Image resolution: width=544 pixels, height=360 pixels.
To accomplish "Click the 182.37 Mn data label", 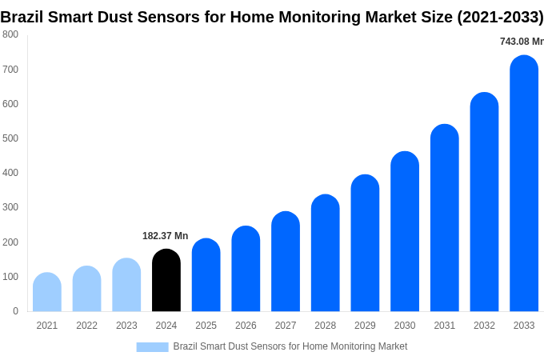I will [x=165, y=236].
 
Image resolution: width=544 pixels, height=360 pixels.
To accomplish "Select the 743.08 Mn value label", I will [x=522, y=42].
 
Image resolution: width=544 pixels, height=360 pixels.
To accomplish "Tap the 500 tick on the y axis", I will [x=10, y=138].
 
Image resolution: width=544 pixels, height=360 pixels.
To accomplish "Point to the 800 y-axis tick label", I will [x=10, y=34].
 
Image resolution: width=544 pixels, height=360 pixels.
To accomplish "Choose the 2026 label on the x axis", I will [x=246, y=326].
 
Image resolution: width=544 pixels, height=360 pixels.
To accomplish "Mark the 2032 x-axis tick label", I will [x=484, y=326].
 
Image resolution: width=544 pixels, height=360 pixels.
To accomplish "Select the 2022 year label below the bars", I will [x=86, y=326].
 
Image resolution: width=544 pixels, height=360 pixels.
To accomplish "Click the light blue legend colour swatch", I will [x=152, y=346].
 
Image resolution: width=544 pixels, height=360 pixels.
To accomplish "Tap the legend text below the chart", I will [x=290, y=346].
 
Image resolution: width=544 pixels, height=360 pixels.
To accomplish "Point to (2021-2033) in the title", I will [x=500, y=17].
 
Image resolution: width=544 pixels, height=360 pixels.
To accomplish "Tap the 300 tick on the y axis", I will [x=10, y=207].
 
